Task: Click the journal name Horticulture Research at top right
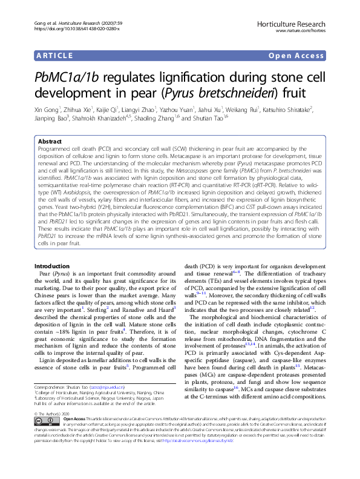304,21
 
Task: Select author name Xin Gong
45,110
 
